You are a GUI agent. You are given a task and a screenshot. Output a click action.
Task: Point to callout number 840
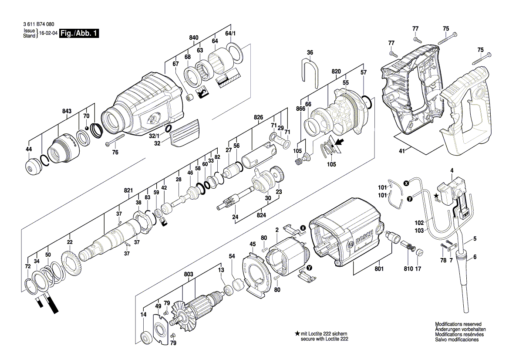(x=194, y=38)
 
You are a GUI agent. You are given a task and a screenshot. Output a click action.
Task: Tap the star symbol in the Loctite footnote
(x=297, y=333)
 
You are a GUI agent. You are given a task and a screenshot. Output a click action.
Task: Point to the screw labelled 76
(x=114, y=144)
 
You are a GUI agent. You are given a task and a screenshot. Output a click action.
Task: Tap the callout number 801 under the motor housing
(x=379, y=269)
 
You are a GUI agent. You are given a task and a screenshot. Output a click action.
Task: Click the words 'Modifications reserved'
(x=458, y=324)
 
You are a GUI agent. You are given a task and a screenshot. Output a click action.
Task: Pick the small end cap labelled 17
(x=419, y=252)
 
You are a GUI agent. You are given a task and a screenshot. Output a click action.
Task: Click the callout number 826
(x=259, y=117)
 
